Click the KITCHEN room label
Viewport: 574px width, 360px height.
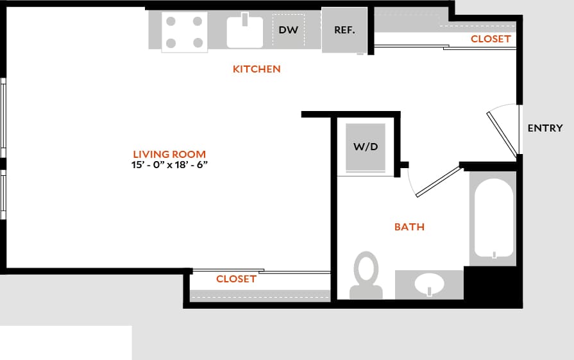257,69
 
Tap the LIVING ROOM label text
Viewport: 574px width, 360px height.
169,154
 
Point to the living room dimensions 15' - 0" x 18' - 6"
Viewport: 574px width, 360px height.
169,165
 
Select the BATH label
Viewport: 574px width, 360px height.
409,227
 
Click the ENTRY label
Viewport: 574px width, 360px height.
544,128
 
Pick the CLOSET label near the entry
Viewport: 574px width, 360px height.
491,39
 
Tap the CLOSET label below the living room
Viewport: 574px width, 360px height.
236,279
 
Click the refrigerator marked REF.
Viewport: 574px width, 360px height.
344,30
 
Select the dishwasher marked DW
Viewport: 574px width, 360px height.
288,30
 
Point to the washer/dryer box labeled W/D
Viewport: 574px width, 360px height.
366,147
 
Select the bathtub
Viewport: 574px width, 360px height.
493,218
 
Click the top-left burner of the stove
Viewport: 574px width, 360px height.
171,21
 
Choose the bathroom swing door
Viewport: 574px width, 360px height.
439,182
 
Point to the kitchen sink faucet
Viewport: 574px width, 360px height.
244,18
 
